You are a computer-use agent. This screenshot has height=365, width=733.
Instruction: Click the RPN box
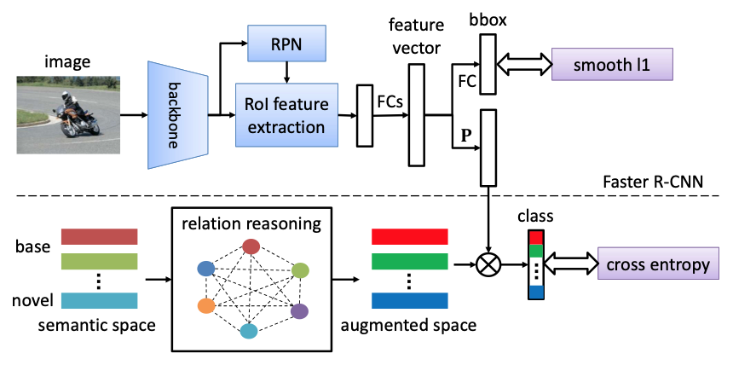[x=280, y=43]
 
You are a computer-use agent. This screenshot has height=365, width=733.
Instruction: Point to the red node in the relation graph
[x=251, y=247]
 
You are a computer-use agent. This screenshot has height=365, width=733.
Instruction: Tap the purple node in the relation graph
[x=299, y=312]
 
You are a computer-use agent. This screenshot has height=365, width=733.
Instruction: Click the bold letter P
[x=465, y=134]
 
